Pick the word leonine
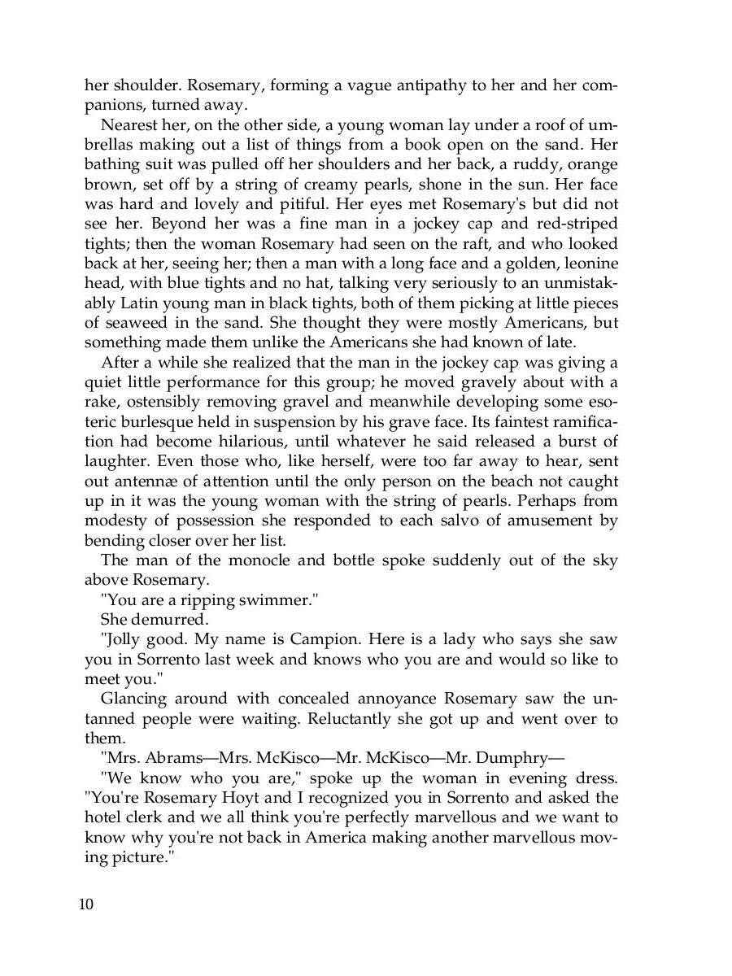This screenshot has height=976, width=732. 587,264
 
